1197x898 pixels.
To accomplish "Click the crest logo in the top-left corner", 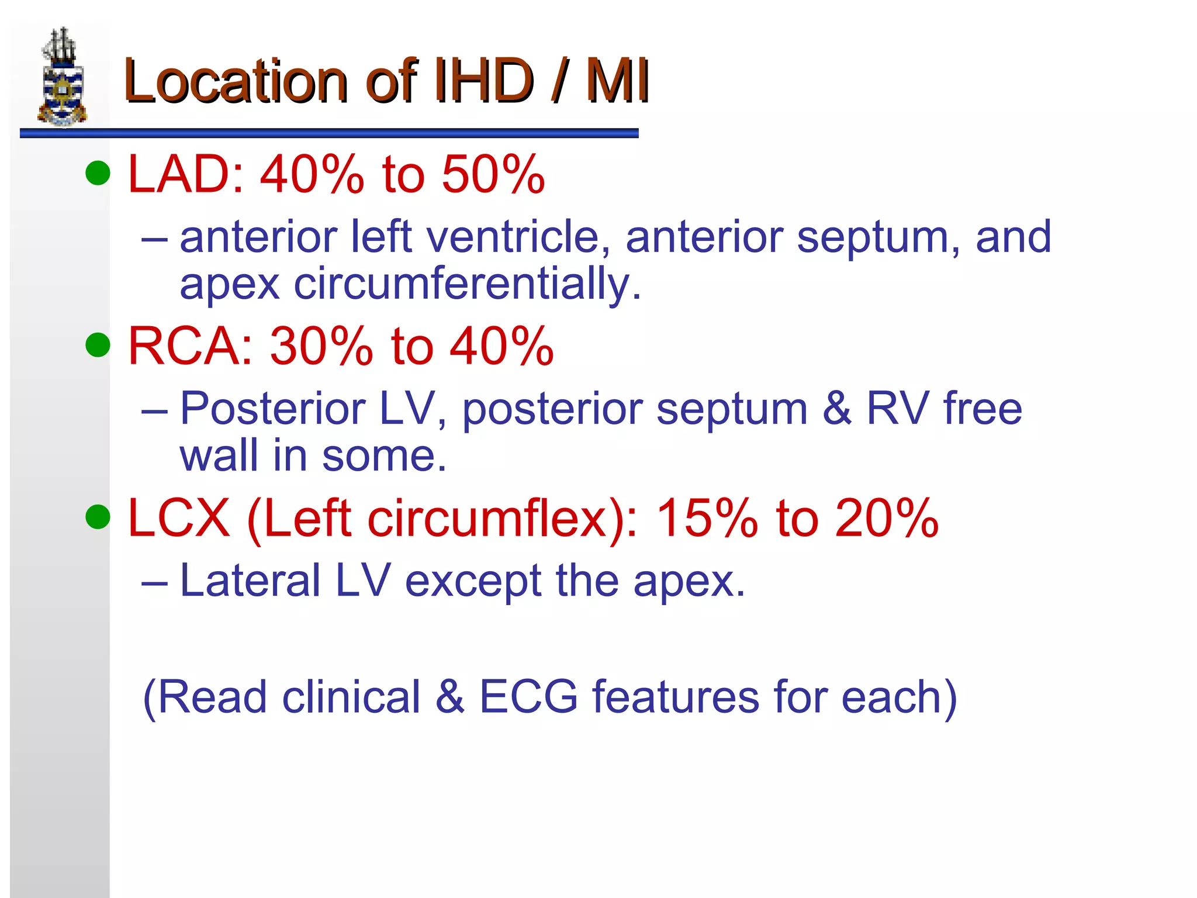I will tap(62, 77).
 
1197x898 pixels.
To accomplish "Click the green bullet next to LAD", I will tap(98, 173).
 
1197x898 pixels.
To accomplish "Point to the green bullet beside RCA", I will tap(98, 344).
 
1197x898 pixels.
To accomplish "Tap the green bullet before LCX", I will tap(98, 517).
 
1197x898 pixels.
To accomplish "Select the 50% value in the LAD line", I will tap(493, 174).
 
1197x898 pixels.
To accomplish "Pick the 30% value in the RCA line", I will tap(321, 346).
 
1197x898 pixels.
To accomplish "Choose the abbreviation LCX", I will tap(178, 518).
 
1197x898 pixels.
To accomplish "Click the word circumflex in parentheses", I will tap(487, 518).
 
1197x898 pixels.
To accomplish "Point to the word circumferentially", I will tap(467, 284).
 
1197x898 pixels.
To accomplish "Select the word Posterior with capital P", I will tap(272, 408).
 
